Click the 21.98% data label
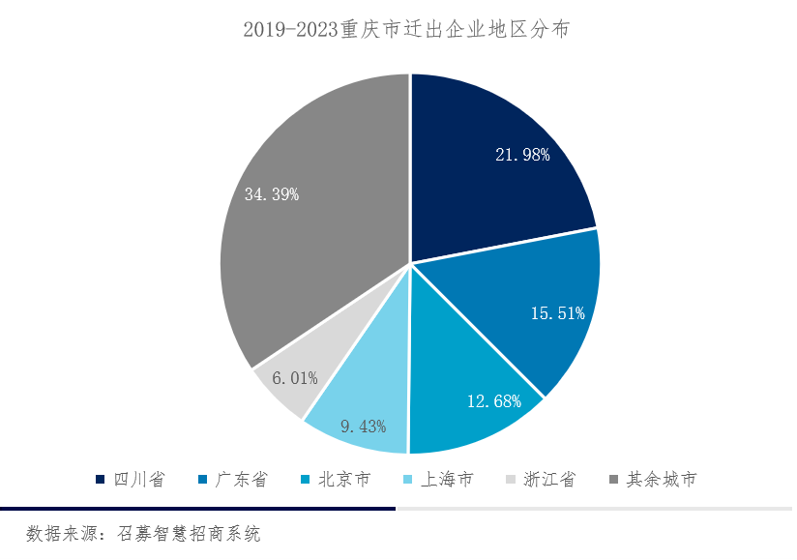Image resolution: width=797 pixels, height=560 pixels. pos(522,155)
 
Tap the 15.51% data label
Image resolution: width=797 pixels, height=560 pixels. pos(558,312)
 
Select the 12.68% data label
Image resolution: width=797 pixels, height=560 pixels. pos(493,401)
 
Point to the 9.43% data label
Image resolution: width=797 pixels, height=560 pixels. pos(362,426)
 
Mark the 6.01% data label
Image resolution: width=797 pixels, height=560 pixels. pos(294,378)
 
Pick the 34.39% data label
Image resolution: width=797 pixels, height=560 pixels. pos(272,194)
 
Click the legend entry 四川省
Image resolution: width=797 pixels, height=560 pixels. pos(130,480)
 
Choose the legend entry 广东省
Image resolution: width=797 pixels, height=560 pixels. pos(231,480)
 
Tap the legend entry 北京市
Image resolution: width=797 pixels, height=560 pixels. pos(335,480)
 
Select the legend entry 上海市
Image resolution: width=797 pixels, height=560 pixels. pos(437,480)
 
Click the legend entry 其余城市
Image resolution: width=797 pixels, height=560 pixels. pos(652,480)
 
